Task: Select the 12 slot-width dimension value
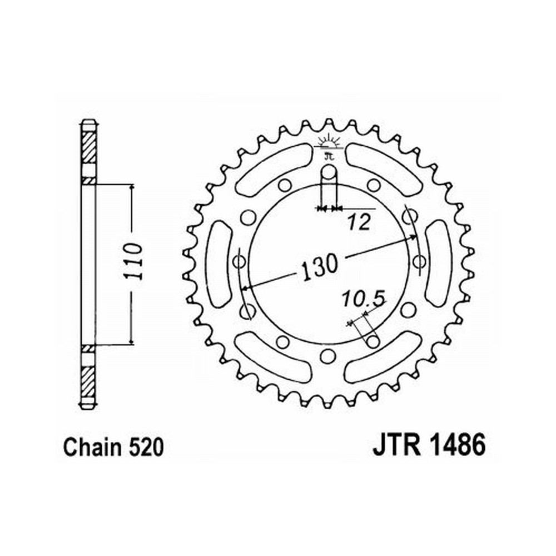[359, 223]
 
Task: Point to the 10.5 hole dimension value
[364, 299]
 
